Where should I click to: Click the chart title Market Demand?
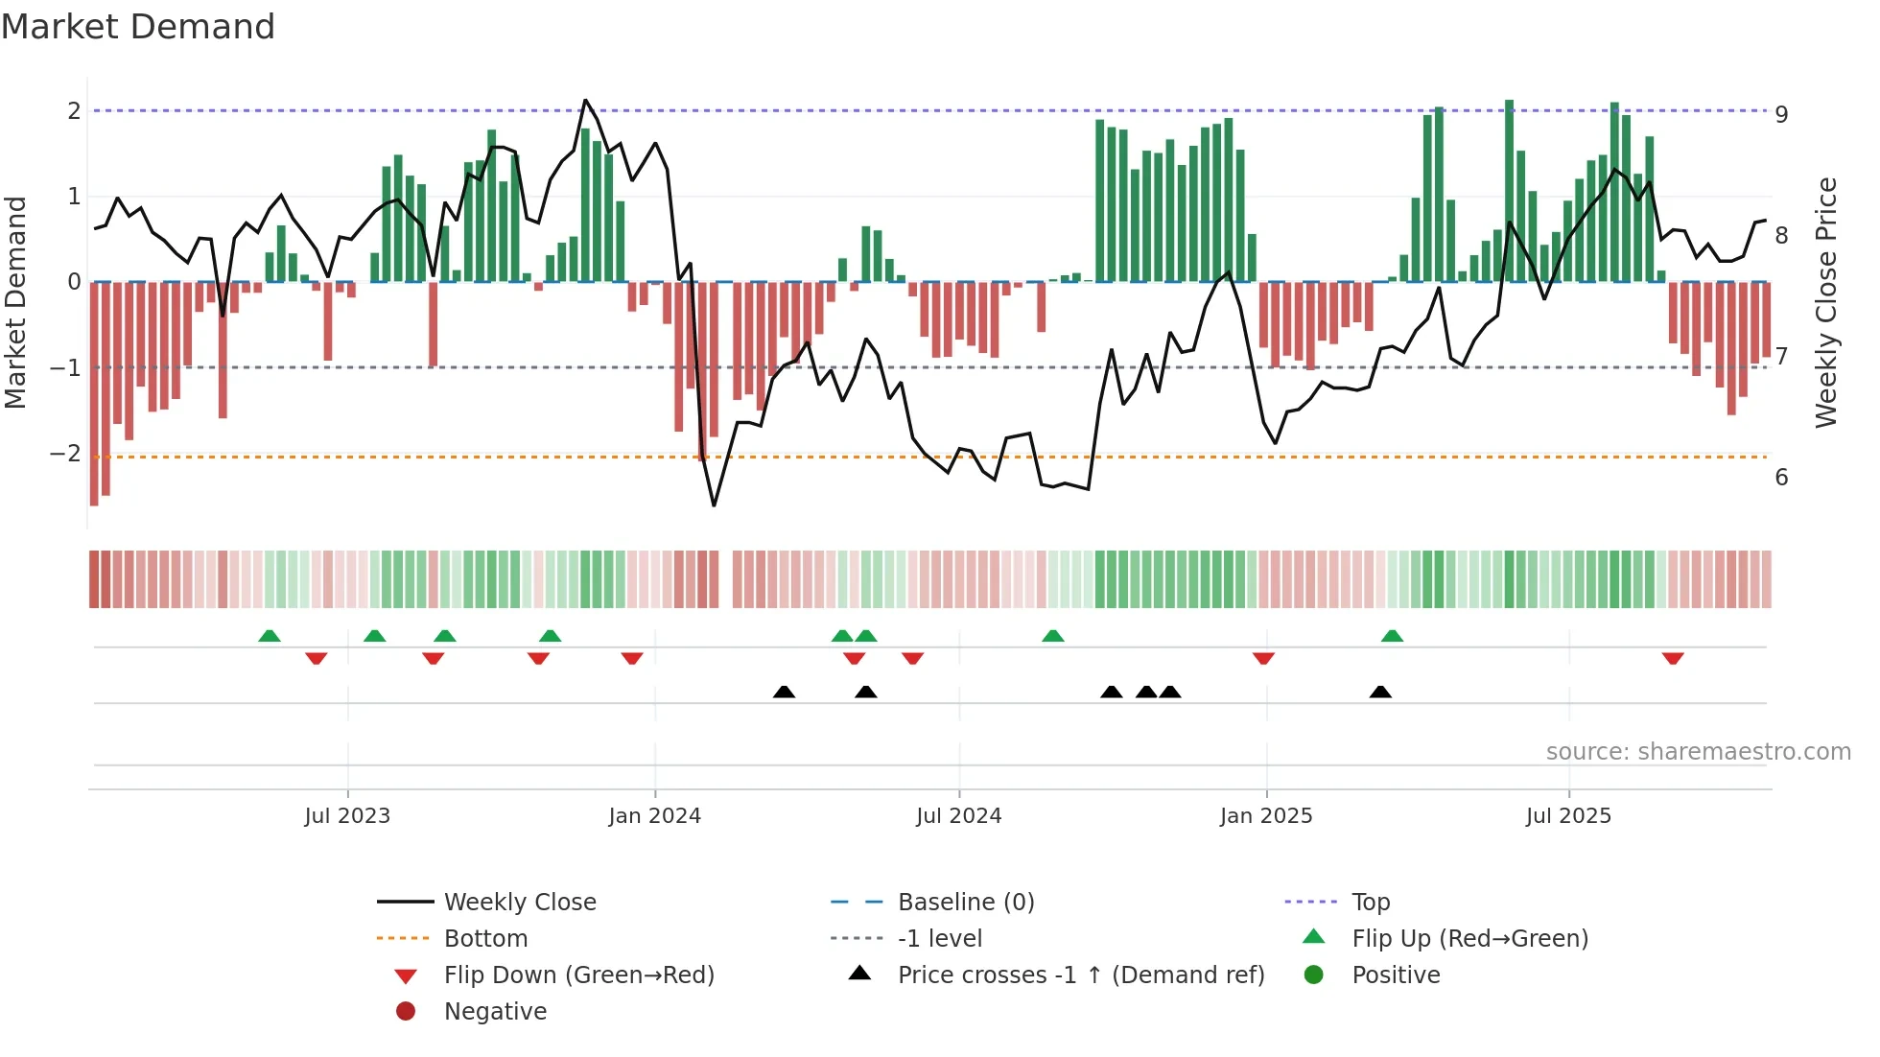(138, 27)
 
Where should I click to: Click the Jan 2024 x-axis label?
(654, 816)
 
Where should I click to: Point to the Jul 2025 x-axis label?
(1568, 816)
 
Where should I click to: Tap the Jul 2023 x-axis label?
(347, 816)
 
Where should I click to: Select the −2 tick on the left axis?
(65, 453)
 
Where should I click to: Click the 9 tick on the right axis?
(1781, 114)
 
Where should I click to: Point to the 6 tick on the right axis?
(1781, 478)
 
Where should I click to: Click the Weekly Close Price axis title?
(1826, 302)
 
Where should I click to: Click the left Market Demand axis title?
(15, 302)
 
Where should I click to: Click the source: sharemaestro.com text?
(1698, 752)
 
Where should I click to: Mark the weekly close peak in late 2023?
(586, 100)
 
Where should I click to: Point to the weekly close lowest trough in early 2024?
(714, 505)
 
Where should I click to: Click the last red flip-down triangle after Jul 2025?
(1673, 658)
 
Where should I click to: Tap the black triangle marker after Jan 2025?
(1380, 693)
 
